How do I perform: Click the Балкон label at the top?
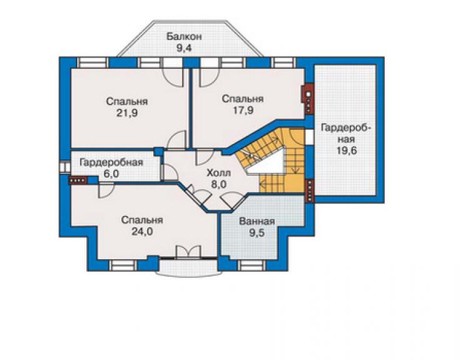click(x=184, y=37)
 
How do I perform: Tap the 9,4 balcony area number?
click(x=184, y=48)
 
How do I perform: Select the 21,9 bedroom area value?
click(x=127, y=113)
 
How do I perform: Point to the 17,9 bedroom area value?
click(x=243, y=110)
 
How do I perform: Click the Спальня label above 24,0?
click(x=142, y=220)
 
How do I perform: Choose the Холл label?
click(x=218, y=173)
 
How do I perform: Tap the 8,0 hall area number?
click(x=218, y=184)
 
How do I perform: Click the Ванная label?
click(x=257, y=222)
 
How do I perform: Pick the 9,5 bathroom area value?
click(x=257, y=233)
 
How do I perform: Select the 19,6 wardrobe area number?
click(x=347, y=150)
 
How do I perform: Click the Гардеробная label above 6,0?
click(x=111, y=163)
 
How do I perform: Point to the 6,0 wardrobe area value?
click(x=111, y=174)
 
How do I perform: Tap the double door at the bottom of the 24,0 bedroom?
click(x=188, y=252)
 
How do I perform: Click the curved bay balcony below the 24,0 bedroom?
click(x=188, y=270)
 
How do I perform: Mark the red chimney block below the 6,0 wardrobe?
click(x=78, y=180)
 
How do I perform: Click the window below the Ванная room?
click(x=251, y=265)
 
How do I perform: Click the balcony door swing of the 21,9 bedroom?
click(x=174, y=78)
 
